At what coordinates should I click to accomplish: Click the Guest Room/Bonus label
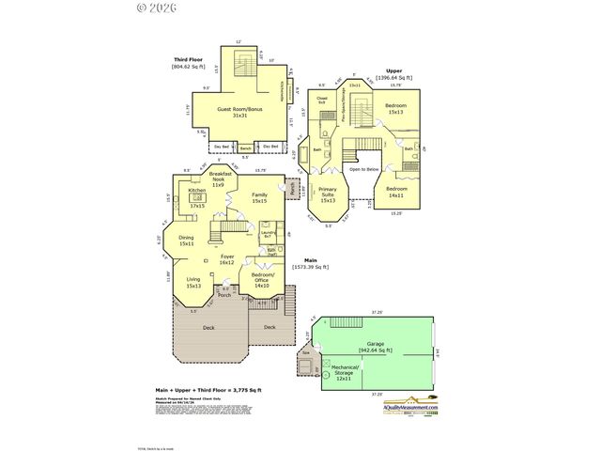point(239,112)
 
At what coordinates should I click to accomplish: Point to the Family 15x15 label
point(259,197)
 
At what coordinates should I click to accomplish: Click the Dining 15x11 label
point(186,240)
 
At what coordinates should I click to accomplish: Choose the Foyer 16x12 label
point(226,259)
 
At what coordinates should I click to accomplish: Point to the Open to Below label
point(364,169)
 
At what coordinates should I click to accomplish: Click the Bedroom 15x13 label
point(395,109)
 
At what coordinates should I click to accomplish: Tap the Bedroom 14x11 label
point(395,192)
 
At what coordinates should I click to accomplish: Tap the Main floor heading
point(310,260)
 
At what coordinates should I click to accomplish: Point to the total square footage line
point(208,389)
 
